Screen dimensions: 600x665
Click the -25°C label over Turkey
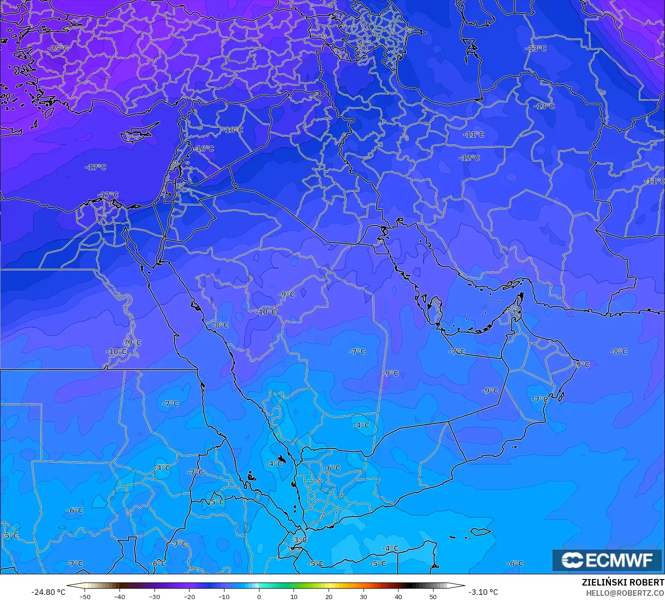[x=58, y=48]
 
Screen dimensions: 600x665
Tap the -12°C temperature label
[x=469, y=158]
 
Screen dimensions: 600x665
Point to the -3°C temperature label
[x=299, y=540]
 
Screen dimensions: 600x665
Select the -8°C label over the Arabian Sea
[x=619, y=351]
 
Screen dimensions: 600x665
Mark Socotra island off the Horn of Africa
[x=480, y=531]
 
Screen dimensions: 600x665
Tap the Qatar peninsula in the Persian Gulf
[x=436, y=311]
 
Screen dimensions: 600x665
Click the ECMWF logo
[x=607, y=560]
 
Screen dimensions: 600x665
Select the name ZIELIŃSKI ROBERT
[x=623, y=582]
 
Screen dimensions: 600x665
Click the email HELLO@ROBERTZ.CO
[x=625, y=593]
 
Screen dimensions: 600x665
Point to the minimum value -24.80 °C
[x=48, y=592]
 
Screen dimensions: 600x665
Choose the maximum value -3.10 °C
[x=483, y=592]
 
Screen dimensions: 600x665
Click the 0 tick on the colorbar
[x=259, y=596]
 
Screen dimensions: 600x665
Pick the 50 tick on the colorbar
[x=434, y=596]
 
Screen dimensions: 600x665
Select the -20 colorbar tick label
[x=189, y=596]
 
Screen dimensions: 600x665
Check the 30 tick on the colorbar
[x=364, y=596]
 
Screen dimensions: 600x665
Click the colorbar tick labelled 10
[x=294, y=596]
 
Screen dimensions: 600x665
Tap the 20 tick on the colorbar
[x=329, y=596]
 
